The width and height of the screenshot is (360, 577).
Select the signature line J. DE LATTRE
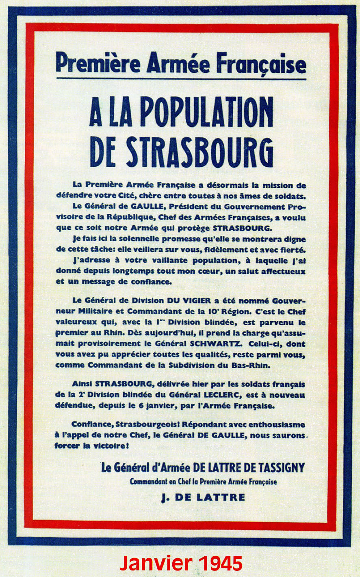[x=203, y=497]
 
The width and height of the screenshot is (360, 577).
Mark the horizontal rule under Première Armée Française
[x=181, y=78]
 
